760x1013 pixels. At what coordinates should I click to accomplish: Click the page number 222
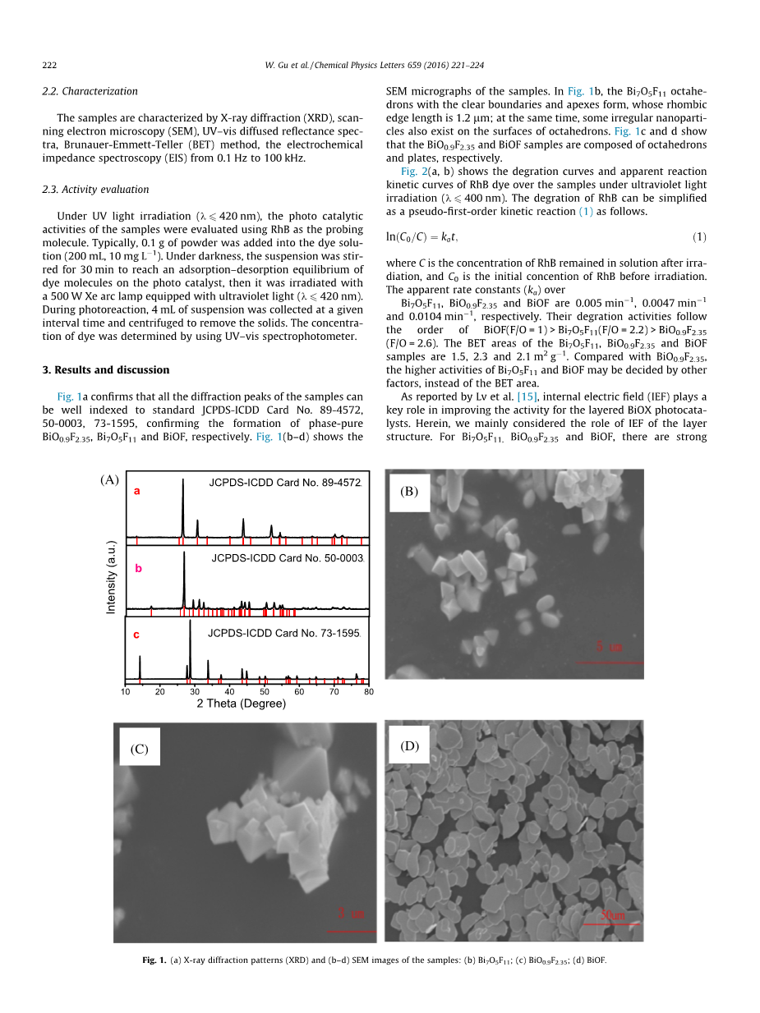[x=49, y=65]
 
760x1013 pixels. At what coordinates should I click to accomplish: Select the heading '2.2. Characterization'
[x=90, y=91]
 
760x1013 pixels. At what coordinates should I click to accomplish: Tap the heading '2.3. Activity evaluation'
[x=95, y=189]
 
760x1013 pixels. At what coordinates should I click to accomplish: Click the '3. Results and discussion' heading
[x=106, y=369]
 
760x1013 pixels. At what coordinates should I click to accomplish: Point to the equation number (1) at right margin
[x=698, y=237]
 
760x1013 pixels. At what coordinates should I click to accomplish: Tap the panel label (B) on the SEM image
[x=409, y=492]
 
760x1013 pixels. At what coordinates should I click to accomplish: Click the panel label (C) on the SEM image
[x=139, y=749]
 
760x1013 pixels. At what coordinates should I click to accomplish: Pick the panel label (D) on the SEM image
[x=409, y=745]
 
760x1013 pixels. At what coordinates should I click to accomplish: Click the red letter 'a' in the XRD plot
[x=137, y=491]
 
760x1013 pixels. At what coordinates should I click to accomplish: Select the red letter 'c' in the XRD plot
[x=136, y=635]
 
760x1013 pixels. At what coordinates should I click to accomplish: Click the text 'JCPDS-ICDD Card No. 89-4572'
[x=285, y=483]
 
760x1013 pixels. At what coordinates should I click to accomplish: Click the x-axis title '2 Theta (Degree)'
[x=242, y=704]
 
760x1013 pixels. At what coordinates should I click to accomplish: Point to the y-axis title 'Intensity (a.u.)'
[x=111, y=577]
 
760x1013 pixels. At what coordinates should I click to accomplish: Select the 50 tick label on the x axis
[x=265, y=692]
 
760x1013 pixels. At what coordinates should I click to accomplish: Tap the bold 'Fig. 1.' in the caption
[x=154, y=960]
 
